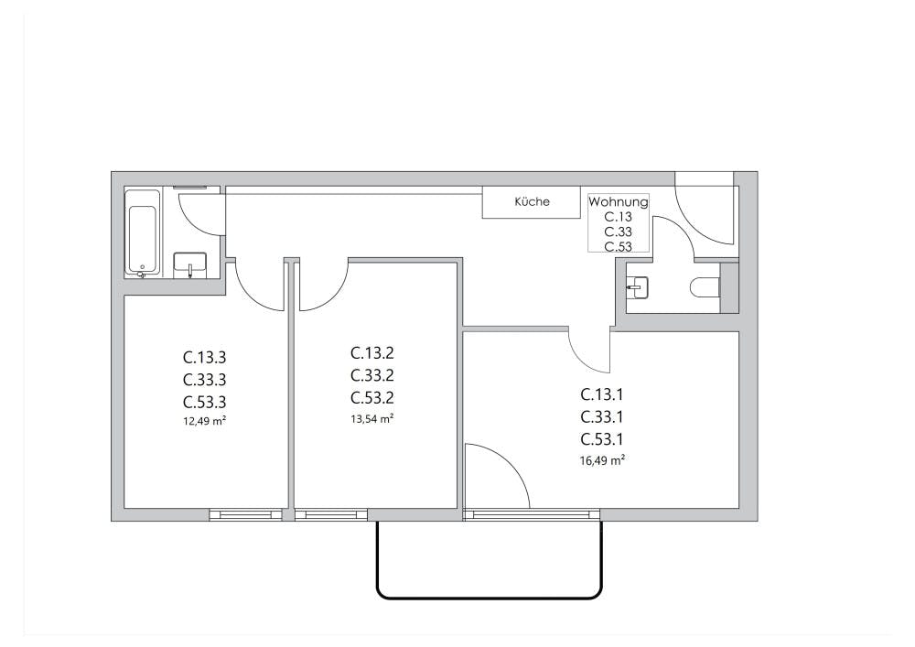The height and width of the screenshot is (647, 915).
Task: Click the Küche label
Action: [532, 201]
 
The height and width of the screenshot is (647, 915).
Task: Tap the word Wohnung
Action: [619, 202]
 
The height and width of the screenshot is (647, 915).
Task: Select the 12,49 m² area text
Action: [205, 422]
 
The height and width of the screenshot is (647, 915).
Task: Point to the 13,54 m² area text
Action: [372, 419]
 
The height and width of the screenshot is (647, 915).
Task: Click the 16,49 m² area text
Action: [603, 461]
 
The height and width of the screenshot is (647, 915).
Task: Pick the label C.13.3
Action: [205, 357]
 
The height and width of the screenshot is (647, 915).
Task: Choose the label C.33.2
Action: [372, 375]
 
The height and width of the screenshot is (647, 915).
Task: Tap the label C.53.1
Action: [603, 439]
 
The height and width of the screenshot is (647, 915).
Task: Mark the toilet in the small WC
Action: [705, 288]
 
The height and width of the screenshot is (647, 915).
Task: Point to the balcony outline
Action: [489, 596]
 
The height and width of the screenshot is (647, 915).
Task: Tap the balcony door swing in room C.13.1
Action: [497, 476]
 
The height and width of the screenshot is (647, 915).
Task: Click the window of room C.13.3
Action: [246, 515]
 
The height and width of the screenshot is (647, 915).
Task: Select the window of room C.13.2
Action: [330, 515]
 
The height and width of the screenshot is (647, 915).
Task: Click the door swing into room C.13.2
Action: [322, 285]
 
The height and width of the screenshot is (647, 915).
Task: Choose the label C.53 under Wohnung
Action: [619, 246]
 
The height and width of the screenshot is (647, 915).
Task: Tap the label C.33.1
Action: [603, 417]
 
